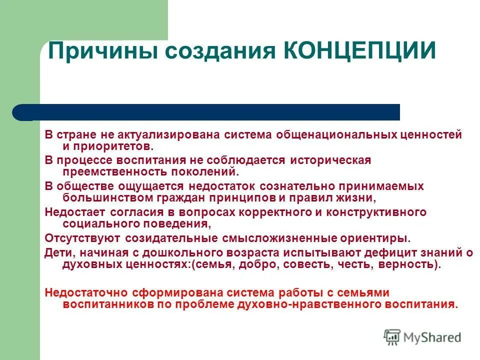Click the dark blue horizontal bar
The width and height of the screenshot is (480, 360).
point(210,112)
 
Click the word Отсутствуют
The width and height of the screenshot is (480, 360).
point(82,237)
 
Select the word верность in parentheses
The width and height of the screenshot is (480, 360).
point(407,264)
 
